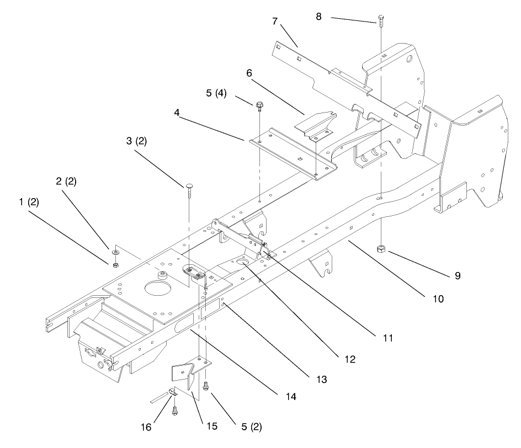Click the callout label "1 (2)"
click(x=29, y=202)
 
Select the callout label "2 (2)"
click(x=66, y=182)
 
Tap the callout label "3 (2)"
click(x=136, y=141)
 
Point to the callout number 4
click(x=177, y=113)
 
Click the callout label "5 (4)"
click(x=216, y=93)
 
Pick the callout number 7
click(x=275, y=22)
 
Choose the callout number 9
click(x=458, y=276)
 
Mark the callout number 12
click(x=350, y=359)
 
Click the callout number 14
click(x=291, y=397)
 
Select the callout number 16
click(x=146, y=427)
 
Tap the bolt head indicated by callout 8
click(x=381, y=17)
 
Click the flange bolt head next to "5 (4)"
click(x=259, y=105)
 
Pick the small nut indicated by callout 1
click(x=116, y=265)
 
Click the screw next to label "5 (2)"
click(x=206, y=386)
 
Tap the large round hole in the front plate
click(x=158, y=287)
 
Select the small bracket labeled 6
click(x=316, y=126)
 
